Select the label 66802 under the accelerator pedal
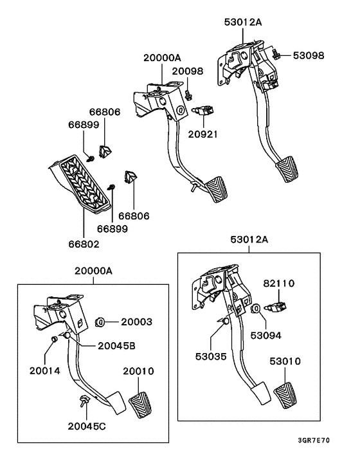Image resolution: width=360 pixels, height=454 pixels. (84, 243)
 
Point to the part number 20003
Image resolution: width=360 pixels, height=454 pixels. (138, 321)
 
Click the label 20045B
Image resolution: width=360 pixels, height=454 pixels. (116, 345)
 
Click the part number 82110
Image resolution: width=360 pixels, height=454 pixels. (280, 283)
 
